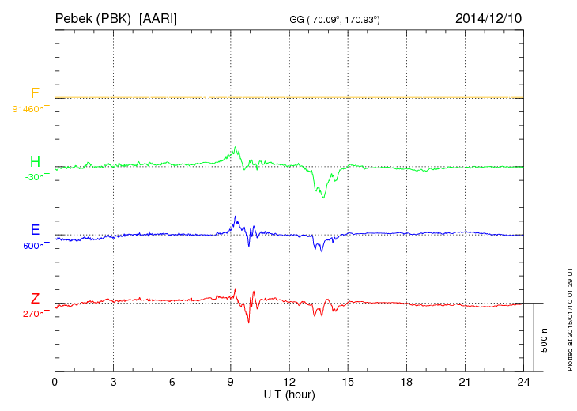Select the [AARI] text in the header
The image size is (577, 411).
click(158, 17)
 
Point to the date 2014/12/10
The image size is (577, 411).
click(488, 17)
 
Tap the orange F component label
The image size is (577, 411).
click(34, 94)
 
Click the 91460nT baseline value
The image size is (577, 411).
click(31, 108)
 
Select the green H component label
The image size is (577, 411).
click(34, 163)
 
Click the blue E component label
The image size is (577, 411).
click(34, 231)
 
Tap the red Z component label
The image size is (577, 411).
click(34, 299)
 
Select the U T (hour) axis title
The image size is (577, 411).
click(289, 394)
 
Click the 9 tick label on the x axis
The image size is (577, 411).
click(230, 383)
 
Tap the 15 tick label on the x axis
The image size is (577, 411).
click(348, 383)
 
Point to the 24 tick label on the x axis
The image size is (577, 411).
click(523, 383)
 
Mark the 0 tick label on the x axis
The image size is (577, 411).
click(55, 383)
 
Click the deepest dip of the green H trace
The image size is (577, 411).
click(323, 197)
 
